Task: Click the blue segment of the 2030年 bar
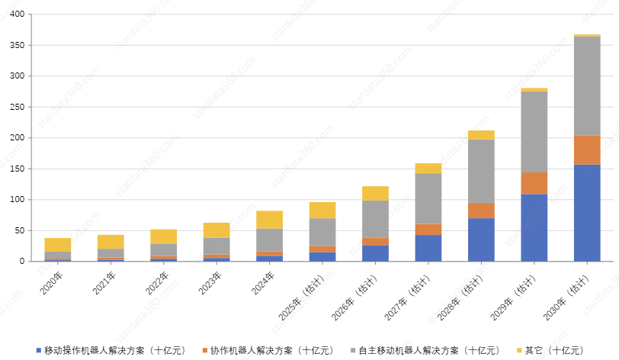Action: [587, 213]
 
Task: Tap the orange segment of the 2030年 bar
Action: [587, 149]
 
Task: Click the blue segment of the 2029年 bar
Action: [534, 227]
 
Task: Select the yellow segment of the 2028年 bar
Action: [481, 135]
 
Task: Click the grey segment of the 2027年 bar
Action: [428, 198]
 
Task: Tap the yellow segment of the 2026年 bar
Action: [375, 194]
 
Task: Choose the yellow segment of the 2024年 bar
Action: [269, 220]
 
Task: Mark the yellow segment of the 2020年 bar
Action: [58, 245]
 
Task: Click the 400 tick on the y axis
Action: [17, 14]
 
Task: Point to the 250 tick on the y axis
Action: [17, 108]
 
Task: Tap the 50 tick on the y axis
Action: [19, 231]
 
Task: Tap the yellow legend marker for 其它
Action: [519, 350]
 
